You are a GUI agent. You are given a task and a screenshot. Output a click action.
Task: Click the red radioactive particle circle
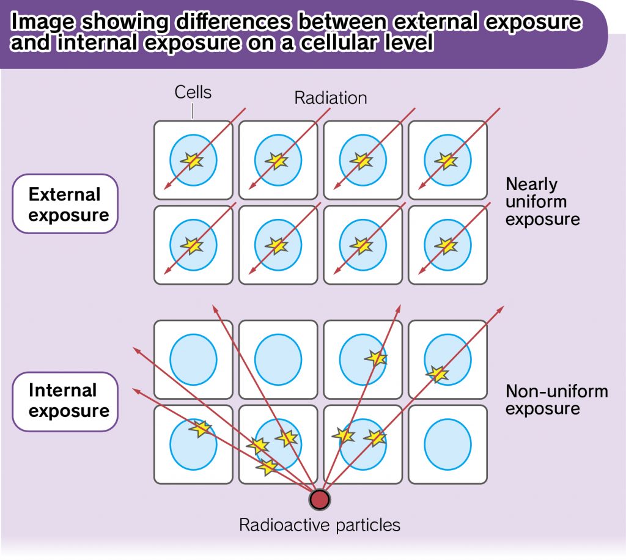319,499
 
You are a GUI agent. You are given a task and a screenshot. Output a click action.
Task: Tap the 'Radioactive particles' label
319,525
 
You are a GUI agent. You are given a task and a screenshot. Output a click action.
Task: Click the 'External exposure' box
65,204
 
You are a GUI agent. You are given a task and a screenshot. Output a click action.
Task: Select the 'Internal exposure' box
65,402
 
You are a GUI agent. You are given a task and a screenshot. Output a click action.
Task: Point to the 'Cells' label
193,92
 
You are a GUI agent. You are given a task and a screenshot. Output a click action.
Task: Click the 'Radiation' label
331,98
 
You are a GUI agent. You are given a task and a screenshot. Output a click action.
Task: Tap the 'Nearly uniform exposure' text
543,202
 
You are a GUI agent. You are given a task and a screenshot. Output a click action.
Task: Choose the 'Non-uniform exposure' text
556,400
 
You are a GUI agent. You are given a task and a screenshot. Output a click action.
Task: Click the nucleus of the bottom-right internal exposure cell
447,444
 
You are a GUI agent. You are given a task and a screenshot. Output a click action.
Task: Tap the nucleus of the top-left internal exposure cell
194,359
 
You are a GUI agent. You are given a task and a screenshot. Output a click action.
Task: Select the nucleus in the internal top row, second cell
278,359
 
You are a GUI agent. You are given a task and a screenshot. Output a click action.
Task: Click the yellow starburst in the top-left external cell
192,161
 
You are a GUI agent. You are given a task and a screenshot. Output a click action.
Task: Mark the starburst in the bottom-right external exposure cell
446,246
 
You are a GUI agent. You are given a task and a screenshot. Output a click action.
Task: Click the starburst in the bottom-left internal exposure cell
201,429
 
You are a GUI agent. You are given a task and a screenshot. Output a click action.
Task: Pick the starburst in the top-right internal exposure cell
438,374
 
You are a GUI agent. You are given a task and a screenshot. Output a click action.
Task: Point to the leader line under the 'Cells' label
193,111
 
